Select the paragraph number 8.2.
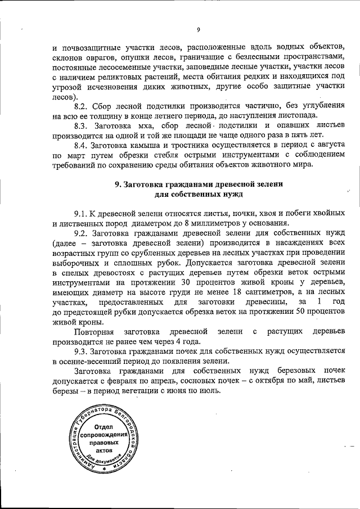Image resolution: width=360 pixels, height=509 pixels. (82, 106)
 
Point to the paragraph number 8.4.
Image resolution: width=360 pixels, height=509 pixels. (82, 144)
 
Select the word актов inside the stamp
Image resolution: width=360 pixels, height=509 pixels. (103, 451)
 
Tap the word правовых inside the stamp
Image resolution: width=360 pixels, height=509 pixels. (103, 443)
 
